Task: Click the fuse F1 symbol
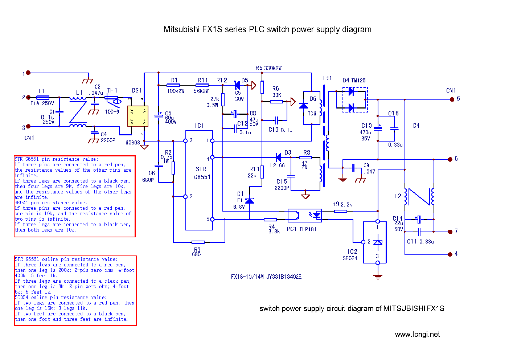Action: [43, 97]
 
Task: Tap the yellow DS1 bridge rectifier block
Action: [138, 116]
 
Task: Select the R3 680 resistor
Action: [198, 242]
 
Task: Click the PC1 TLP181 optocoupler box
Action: [304, 215]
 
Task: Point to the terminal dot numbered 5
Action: [452, 99]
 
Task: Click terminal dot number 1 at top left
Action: [28, 73]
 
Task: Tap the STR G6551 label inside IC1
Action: [202, 173]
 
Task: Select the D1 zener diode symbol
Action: [250, 201]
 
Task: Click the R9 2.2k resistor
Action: [340, 211]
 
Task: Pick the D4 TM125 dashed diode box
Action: [355, 100]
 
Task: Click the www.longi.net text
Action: [417, 334]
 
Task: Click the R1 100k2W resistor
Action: [173, 85]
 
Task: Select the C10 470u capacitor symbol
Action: [378, 127]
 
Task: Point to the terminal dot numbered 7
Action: [450, 232]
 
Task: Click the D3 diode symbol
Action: [279, 157]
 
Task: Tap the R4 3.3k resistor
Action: [270, 220]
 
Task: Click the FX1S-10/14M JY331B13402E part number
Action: [266, 277]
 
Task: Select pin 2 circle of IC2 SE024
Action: [363, 242]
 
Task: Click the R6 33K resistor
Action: [276, 102]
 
